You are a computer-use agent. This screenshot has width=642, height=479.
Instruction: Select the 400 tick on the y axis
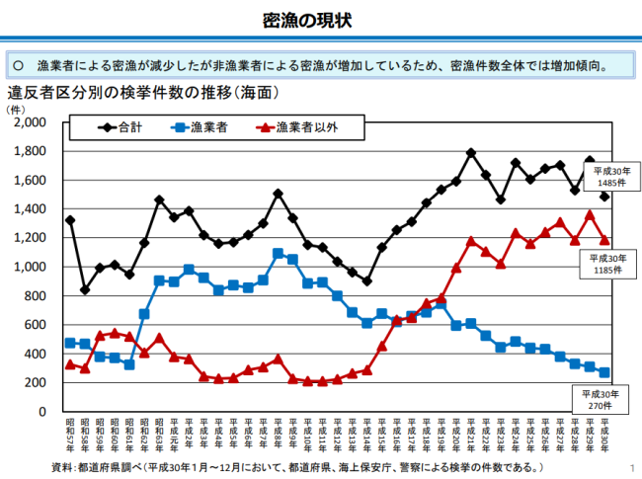pyautogui.click(x=38, y=354)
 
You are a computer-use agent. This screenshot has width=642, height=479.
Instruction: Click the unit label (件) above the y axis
pyautogui.click(x=17, y=109)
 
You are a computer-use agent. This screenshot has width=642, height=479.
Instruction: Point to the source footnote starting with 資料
pyautogui.click(x=296, y=465)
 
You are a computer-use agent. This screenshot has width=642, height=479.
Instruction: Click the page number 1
pyautogui.click(x=630, y=466)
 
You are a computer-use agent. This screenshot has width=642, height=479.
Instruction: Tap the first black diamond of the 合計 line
pyautogui.click(x=69, y=220)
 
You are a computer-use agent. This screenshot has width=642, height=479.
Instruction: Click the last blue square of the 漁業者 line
pyautogui.click(x=604, y=372)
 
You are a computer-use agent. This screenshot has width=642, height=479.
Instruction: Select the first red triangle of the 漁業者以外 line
pyautogui.click(x=69, y=363)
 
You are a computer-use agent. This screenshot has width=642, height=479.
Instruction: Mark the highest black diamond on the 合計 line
pyautogui.click(x=471, y=153)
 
